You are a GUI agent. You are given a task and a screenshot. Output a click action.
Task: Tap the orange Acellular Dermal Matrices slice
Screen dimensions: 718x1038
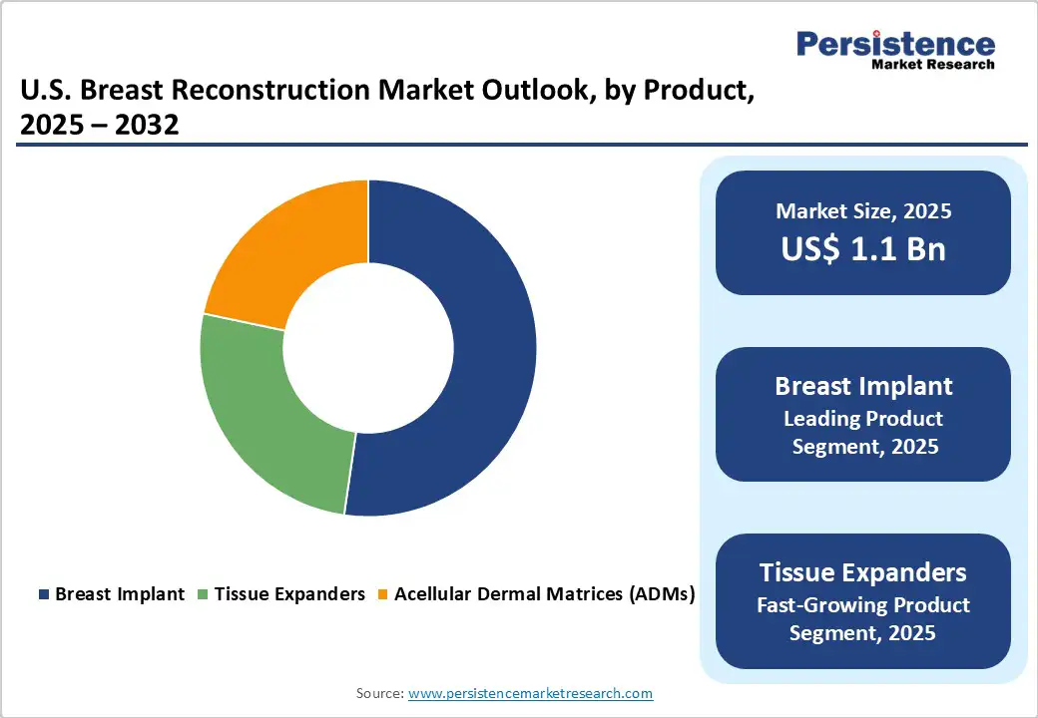[289, 249]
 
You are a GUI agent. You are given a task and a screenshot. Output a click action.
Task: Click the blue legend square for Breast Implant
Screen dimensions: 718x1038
[44, 594]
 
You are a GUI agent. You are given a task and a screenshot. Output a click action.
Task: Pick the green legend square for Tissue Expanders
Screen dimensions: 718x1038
[204, 594]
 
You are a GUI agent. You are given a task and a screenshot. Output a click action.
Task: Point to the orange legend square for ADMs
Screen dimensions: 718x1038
[383, 594]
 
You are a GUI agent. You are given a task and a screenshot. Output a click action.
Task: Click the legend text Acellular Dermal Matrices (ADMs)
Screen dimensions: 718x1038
[544, 594]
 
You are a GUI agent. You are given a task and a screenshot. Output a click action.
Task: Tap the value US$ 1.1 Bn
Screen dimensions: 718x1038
[862, 248]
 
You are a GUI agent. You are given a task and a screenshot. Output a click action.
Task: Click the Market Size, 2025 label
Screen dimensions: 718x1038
[862, 211]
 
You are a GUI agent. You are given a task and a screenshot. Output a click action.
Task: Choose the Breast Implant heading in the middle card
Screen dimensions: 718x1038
[863, 386]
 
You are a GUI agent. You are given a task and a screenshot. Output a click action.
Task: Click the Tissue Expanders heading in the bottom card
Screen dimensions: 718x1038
[862, 572]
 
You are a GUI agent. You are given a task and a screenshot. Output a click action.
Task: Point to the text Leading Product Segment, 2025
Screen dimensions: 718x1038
[864, 433]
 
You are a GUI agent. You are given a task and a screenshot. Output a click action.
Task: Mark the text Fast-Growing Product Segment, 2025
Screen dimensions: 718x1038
[862, 618]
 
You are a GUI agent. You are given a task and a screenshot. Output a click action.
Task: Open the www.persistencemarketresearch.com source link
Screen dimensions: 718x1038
[530, 693]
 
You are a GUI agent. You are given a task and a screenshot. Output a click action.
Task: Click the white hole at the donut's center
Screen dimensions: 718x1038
[368, 348]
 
